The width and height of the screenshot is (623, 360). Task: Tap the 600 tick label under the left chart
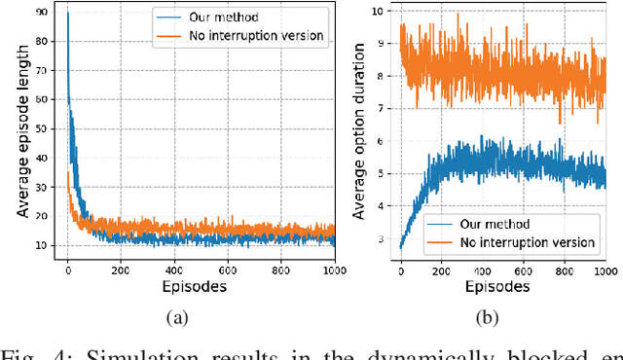pos(228,270)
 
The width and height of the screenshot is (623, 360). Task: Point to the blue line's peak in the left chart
pos(67,13)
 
